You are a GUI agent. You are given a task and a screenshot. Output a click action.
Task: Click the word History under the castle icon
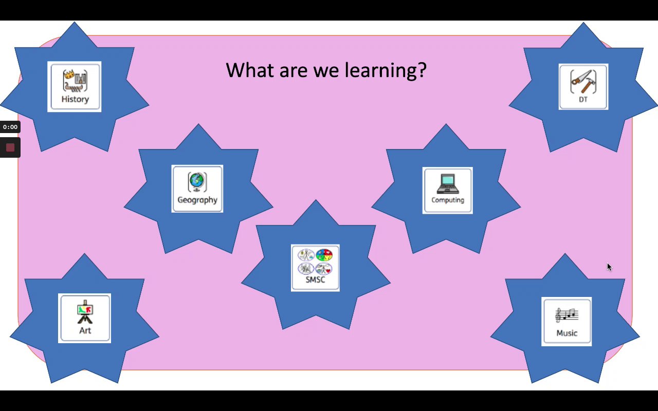75,99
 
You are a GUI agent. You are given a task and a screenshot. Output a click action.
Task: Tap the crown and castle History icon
75,81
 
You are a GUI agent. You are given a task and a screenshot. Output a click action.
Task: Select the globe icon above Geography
197,182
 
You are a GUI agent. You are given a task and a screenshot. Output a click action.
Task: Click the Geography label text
197,200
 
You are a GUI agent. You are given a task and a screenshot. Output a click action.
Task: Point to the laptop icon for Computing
448,184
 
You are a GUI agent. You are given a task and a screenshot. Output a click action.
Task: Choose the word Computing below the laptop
448,200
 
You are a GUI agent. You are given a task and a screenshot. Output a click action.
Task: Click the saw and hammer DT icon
583,82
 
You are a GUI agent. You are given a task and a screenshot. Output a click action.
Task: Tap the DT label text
583,100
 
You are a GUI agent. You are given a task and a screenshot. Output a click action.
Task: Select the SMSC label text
315,280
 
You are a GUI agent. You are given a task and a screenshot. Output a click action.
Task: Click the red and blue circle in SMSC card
324,255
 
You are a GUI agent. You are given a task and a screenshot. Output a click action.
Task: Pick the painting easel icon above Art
85,312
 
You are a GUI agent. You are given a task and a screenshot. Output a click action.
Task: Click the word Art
85,330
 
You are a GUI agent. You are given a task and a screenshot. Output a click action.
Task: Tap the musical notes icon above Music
566,315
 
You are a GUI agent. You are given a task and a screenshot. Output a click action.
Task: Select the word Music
566,333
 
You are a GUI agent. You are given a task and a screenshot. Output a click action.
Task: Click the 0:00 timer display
10,127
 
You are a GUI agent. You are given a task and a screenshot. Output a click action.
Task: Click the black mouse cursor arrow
610,267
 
